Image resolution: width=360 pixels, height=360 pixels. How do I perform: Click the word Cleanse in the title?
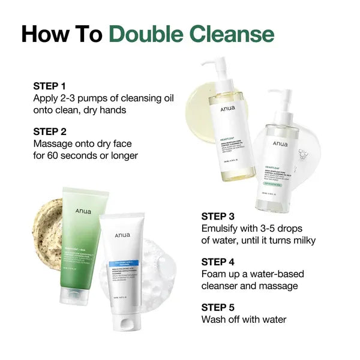point(236,34)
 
